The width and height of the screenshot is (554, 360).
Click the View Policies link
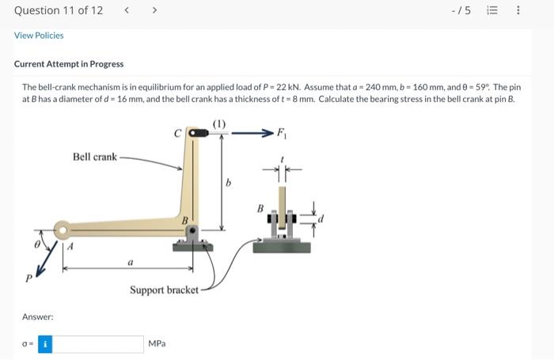(x=39, y=36)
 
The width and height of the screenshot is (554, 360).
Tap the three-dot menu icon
(x=518, y=10)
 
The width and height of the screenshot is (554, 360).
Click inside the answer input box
(x=98, y=344)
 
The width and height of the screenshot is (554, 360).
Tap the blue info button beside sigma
(x=45, y=344)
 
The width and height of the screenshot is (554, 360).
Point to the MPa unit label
(x=157, y=344)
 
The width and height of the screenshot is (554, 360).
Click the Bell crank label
(x=94, y=157)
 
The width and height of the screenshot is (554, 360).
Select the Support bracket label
(x=164, y=290)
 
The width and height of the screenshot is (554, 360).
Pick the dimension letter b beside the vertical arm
(x=228, y=183)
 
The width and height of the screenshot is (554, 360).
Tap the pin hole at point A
(x=62, y=231)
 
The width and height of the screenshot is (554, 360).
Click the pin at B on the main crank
(x=192, y=230)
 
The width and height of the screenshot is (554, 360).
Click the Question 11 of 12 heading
(x=59, y=10)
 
